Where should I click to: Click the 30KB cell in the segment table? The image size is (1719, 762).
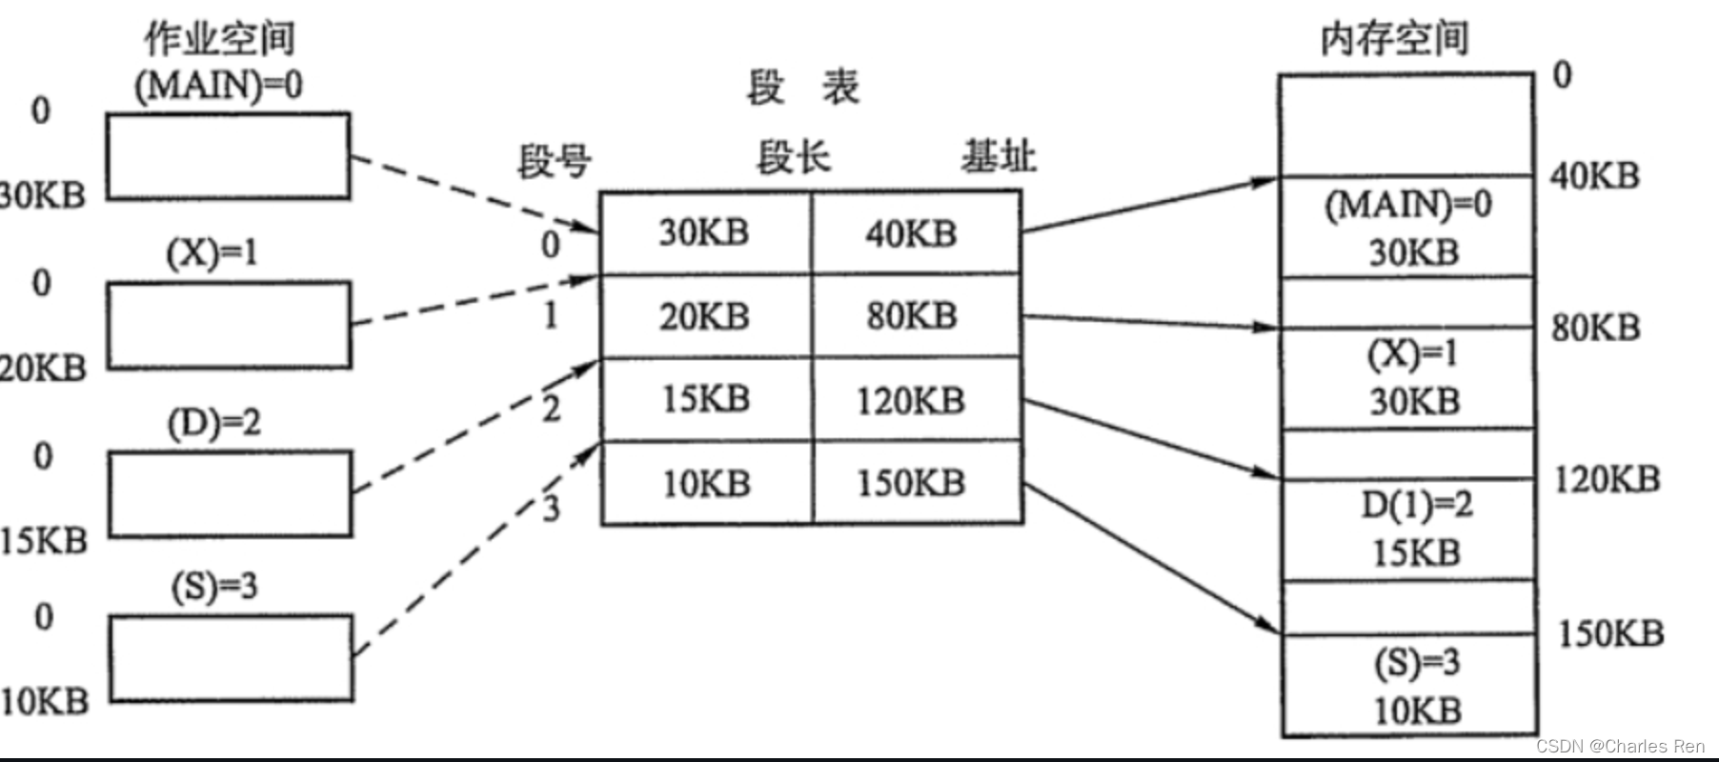click(704, 232)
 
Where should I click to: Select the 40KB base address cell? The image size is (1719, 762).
click(911, 233)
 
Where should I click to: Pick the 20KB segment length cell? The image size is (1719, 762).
click(704, 316)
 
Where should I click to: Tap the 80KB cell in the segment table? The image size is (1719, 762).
click(912, 316)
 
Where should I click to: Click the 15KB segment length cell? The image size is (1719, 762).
click(705, 399)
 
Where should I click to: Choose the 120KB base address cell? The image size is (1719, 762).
click(911, 400)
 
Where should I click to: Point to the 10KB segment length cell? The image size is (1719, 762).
click(706, 483)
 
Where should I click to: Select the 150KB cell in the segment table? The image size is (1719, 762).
click(911, 483)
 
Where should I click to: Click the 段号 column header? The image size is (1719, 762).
click(554, 160)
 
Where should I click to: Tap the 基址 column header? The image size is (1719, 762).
click(999, 156)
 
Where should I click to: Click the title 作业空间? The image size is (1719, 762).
click(219, 39)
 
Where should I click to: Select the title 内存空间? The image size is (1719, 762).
click(1394, 39)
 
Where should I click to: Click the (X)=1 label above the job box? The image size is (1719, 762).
click(212, 252)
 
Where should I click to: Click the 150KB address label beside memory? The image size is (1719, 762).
click(1610, 633)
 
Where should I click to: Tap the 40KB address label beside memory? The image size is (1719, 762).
click(1594, 175)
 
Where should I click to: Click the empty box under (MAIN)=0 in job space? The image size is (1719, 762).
click(228, 156)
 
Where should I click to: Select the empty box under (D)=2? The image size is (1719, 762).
click(230, 493)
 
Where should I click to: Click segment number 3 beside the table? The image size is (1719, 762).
click(551, 508)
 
